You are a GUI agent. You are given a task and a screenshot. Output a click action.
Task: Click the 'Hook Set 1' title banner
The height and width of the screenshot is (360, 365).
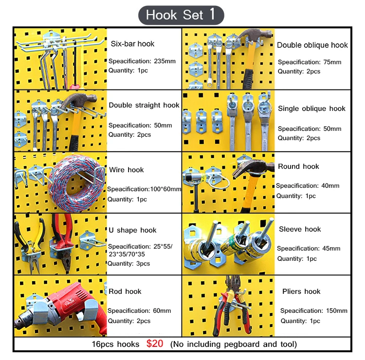[x=181, y=15]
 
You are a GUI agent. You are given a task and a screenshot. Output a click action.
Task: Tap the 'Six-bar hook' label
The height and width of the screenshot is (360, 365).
[x=132, y=44]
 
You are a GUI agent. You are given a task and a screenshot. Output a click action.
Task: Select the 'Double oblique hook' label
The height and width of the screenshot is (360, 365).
[x=312, y=45]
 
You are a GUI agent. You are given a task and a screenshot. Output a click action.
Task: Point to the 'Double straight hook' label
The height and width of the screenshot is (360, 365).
[x=144, y=105]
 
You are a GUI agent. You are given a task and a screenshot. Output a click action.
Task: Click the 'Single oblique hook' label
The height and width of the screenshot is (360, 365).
[x=311, y=108]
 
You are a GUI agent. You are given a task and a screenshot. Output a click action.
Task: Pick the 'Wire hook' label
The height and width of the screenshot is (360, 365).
[x=127, y=170]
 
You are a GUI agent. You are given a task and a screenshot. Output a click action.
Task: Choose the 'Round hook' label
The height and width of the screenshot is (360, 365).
[x=298, y=166]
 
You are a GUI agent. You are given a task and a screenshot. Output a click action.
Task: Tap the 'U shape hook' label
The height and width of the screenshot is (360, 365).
[x=132, y=230]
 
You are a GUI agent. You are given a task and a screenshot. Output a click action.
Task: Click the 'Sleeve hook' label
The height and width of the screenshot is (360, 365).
[x=300, y=229]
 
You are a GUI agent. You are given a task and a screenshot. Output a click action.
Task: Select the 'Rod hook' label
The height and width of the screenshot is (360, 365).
[x=126, y=291]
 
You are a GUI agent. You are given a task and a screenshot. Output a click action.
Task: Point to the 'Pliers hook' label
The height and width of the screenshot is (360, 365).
[x=301, y=291]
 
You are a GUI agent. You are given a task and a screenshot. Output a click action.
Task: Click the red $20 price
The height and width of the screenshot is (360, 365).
[x=155, y=344]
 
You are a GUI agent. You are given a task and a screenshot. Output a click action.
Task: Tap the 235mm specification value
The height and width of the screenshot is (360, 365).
[x=164, y=62]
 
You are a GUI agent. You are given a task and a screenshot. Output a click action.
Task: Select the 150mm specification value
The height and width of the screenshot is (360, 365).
[x=336, y=311]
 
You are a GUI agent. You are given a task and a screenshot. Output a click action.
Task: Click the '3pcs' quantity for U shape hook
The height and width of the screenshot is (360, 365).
[x=143, y=264]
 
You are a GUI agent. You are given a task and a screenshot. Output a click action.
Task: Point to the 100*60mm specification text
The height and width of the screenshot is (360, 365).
[x=160, y=189]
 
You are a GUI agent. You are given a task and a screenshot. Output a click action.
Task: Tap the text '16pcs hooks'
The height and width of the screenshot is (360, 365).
[x=115, y=344]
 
